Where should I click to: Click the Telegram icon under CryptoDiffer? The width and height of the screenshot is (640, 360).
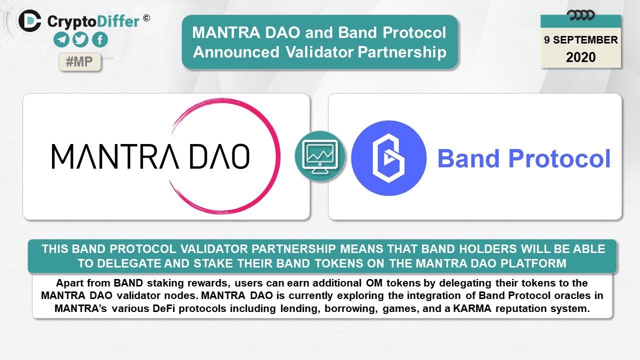pos(61,39)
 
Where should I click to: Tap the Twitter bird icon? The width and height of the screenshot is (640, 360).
pos(80,39)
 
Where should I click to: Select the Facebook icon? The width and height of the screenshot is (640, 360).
pos(100,39)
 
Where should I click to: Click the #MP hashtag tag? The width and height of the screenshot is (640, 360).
pos(79,61)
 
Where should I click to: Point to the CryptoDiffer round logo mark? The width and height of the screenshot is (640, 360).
pos(29,21)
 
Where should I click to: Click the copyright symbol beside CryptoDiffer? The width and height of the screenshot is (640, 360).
pos(146,18)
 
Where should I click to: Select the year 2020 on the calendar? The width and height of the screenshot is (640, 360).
pos(581,57)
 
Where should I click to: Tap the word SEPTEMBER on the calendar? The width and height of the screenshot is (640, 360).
pos(585,40)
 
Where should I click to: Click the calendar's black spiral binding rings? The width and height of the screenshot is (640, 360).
pos(581,15)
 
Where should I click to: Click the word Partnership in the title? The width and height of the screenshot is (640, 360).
pos(402,52)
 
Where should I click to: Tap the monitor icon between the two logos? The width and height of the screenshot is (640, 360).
pos(320,156)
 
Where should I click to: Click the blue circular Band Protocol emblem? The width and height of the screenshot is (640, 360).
pos(389,158)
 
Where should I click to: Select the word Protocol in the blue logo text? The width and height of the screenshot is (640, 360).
pos(559,158)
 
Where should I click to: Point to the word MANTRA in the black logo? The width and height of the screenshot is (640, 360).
pos(115,156)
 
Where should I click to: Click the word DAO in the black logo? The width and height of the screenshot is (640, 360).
pos(219,156)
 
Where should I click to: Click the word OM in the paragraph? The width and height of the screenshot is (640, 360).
pos(374,283)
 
